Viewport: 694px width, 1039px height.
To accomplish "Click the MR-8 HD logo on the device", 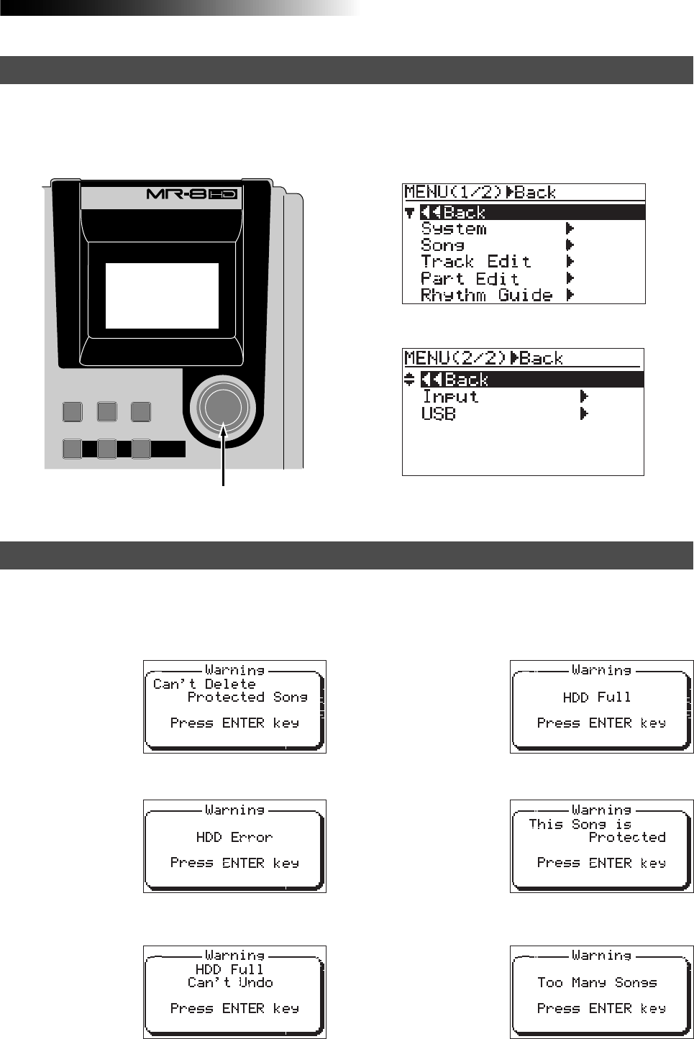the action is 191,194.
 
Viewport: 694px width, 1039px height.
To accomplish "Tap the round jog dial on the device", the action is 223,406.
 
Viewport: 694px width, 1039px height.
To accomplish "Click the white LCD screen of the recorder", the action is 162,296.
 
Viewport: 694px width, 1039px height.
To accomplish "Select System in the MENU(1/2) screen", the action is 454,229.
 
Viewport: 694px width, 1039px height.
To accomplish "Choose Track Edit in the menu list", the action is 475,262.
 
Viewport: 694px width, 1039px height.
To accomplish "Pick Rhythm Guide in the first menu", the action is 486,295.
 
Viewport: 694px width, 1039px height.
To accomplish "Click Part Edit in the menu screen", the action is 470,278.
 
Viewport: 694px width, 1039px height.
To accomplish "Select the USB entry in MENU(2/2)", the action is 438,413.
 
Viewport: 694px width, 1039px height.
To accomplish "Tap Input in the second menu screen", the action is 450,396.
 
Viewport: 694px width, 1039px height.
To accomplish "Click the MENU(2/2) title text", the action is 455,358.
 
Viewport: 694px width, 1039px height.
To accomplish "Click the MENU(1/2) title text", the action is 453,192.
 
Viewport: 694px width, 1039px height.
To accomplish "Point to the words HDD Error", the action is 234,837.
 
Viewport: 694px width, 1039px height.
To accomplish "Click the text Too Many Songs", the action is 597,982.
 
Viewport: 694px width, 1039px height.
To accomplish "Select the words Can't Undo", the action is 230,982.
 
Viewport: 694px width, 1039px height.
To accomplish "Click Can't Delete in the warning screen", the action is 204,684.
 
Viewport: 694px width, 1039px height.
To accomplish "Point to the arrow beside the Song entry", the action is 570,245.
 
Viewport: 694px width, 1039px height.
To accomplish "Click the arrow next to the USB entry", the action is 584,413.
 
